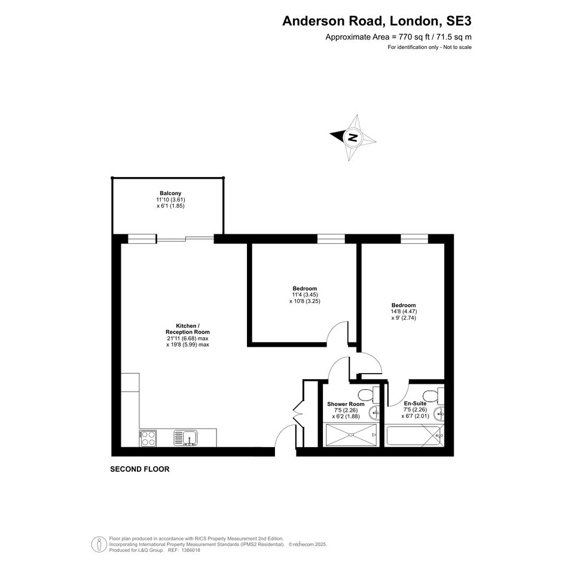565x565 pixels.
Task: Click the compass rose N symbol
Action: point(353,138)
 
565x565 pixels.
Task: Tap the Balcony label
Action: point(170,193)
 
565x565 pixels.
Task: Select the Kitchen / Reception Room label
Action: point(187,329)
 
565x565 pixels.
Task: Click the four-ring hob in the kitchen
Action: point(148,438)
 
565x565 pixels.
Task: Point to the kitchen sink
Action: point(185,438)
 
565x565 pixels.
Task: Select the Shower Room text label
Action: point(346,404)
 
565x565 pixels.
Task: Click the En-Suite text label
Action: point(415,403)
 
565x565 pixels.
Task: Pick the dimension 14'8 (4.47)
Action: point(404,311)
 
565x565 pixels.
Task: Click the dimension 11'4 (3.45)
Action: point(305,295)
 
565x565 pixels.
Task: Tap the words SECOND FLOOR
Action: point(140,469)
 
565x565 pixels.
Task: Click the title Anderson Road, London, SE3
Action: point(377,21)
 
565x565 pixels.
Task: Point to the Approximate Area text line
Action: point(398,36)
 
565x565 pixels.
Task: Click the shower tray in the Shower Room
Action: point(352,435)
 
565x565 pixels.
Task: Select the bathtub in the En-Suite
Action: point(414,436)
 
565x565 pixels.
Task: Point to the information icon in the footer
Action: point(99,545)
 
